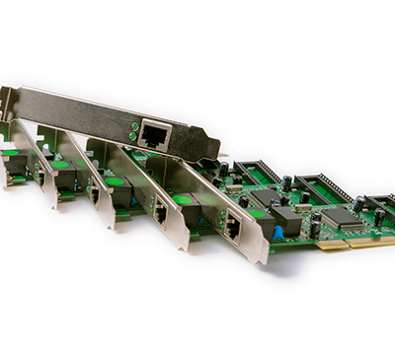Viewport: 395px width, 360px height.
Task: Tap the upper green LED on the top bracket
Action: (134, 126)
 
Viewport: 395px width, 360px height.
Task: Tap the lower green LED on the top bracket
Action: (134, 136)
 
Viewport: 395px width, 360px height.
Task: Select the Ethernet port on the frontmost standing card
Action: (232, 226)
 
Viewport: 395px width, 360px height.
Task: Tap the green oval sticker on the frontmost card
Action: (258, 213)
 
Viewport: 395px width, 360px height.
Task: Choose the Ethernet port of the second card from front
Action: (160, 210)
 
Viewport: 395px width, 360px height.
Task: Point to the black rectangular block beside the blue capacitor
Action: (285, 218)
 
